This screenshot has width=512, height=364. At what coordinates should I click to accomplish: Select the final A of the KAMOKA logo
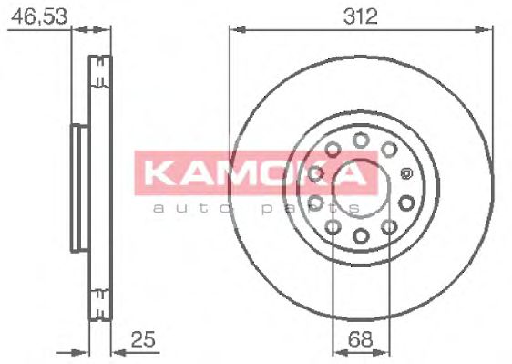(360, 175)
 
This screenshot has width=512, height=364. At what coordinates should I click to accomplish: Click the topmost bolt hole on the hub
(361, 139)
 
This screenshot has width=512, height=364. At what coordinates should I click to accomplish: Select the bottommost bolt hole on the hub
(360, 236)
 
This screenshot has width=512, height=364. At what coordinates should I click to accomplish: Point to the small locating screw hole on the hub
(405, 171)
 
